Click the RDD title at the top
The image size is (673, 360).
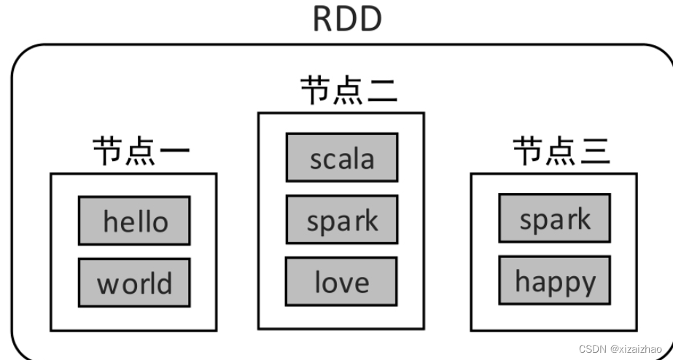coord(347,20)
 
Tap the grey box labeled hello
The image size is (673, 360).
coord(134,221)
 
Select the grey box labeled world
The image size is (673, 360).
coord(134,283)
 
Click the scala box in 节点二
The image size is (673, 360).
coord(342,157)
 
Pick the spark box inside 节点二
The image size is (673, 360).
coord(342,219)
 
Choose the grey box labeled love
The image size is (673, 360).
coord(342,281)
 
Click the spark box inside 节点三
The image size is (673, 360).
coord(555,218)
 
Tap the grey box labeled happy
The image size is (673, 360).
coord(555,281)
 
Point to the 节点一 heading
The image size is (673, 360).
coord(141,151)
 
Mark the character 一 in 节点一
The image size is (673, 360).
coord(174,152)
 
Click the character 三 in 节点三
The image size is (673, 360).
coord(594,152)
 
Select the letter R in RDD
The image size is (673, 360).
coord(324,20)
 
